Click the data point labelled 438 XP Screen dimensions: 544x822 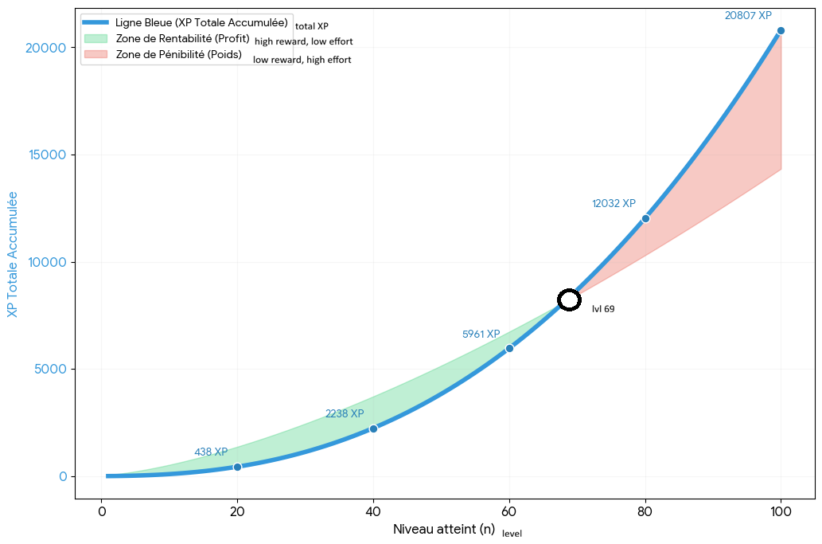tap(237, 467)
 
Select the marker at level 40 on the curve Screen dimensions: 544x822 tap(373, 429)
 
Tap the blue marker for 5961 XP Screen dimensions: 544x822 tap(509, 348)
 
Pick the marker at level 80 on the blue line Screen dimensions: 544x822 tap(645, 218)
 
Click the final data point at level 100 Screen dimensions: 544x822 tap(781, 30)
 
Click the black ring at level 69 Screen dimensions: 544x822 tap(569, 299)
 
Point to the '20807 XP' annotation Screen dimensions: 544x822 tap(748, 15)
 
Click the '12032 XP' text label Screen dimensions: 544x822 tap(614, 203)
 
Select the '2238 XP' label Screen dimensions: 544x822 tap(345, 413)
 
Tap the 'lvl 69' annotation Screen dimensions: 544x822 tap(603, 309)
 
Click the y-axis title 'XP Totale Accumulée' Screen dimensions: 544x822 tap(13, 254)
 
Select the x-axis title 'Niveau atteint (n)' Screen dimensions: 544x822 tap(444, 529)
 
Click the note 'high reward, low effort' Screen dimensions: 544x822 tap(303, 41)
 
